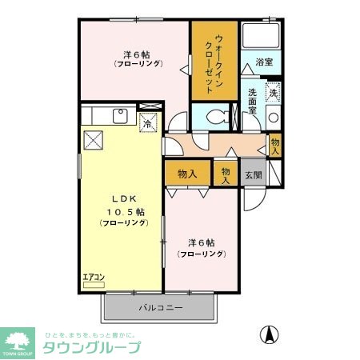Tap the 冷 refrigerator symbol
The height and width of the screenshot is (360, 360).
148,122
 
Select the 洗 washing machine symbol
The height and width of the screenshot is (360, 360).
273,93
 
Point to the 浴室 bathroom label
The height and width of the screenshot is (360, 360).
264,61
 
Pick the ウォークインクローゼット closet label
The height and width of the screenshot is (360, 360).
214,58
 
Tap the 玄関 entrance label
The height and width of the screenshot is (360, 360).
253,174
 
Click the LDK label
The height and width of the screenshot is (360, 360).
122,199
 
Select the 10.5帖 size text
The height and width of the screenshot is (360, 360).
122,212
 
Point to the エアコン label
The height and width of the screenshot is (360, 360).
94,278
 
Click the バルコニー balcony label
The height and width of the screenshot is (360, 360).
160,308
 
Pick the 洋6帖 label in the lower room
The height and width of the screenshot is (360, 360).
202,242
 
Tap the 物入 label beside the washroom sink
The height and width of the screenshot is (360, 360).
275,145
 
